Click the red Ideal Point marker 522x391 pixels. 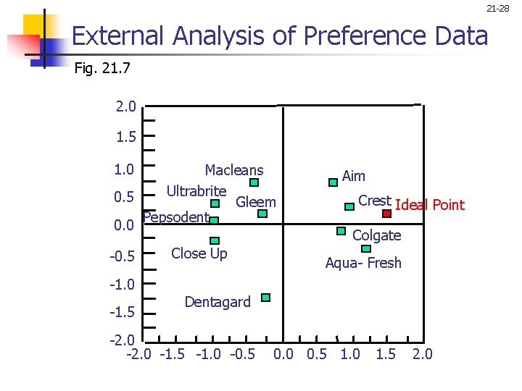[387, 214]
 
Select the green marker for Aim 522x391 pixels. [333, 183]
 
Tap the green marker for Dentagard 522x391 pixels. [265, 298]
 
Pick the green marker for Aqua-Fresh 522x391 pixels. [365, 248]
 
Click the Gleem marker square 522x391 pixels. [262, 214]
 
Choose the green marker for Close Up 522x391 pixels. [214, 240]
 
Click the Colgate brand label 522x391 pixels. [376, 235]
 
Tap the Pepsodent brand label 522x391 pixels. [176, 217]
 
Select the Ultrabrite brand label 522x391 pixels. [196, 191]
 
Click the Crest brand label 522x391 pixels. [374, 201]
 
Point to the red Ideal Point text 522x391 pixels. [430, 205]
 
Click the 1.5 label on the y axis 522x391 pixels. [125, 136]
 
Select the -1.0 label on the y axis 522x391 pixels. [123, 283]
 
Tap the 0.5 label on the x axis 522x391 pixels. [317, 354]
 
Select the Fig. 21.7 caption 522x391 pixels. [101, 70]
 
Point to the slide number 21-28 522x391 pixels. [498, 9]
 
